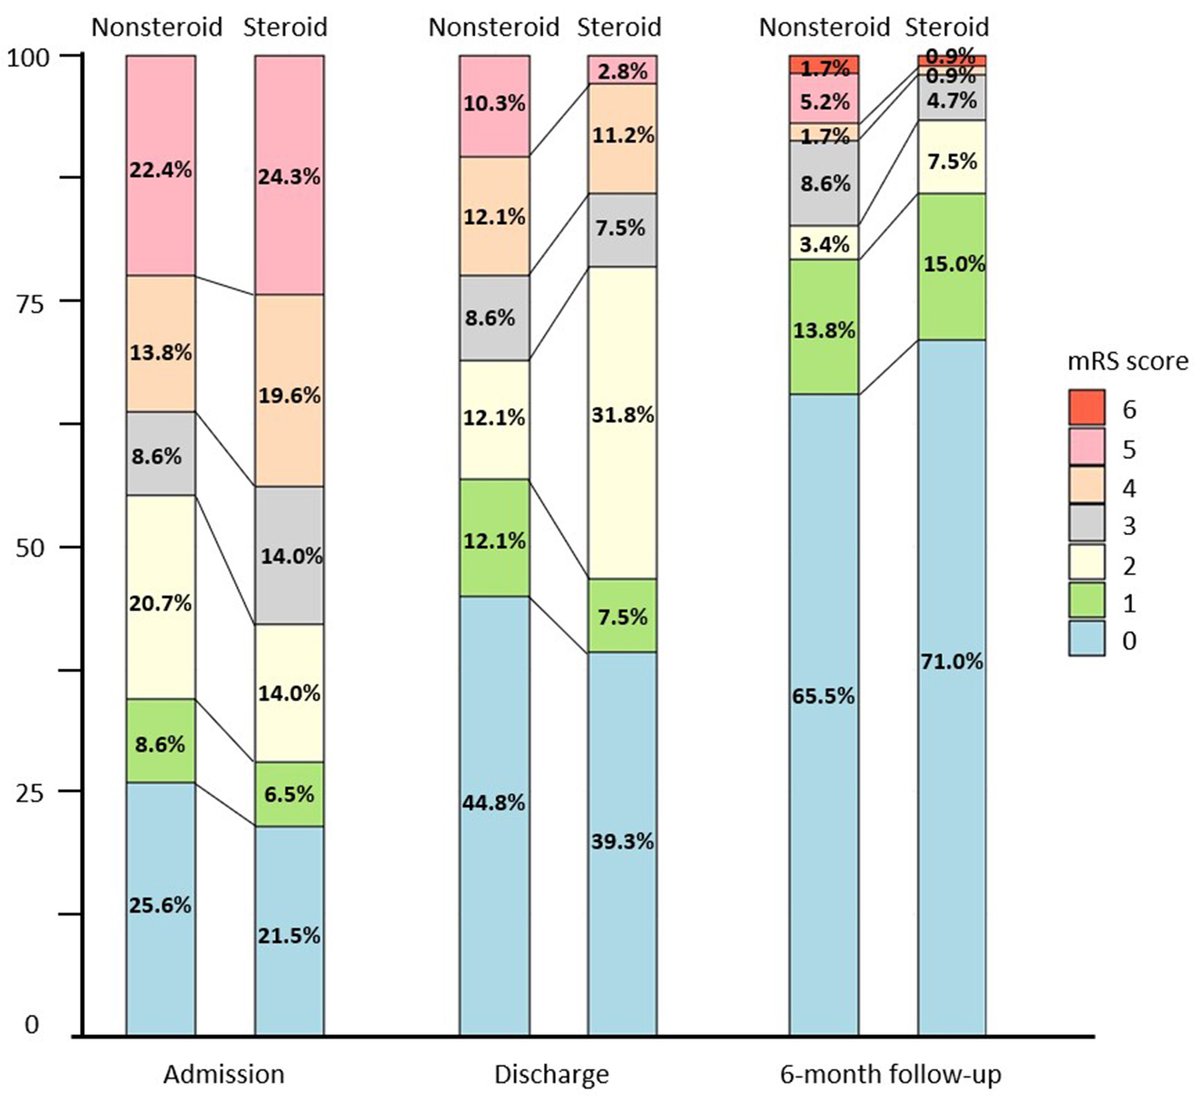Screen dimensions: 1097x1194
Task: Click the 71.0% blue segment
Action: tap(951, 687)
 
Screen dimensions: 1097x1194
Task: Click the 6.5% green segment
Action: tap(290, 794)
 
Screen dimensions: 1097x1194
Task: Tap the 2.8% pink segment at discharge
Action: tap(622, 69)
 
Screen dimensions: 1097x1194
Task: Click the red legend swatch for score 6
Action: tap(1086, 407)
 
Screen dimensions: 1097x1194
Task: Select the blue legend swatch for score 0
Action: tap(1086, 639)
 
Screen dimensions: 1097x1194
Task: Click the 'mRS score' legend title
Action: tap(1127, 361)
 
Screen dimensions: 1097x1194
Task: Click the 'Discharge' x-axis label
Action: tap(551, 1075)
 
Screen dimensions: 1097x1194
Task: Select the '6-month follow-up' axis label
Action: tap(890, 1075)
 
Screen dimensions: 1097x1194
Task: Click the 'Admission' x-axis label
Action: tap(224, 1075)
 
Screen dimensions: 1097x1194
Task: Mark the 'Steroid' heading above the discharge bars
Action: tap(619, 27)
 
